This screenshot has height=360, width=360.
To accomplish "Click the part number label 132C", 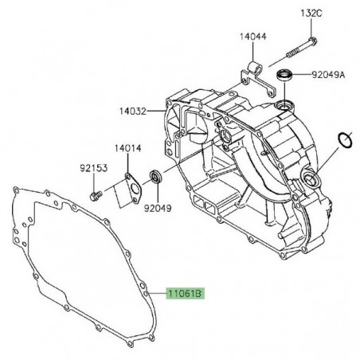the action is (311, 14).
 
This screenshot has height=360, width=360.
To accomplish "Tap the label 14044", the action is (253, 37).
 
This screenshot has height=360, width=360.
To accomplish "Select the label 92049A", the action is (328, 75).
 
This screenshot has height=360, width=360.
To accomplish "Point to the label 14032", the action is (133, 111).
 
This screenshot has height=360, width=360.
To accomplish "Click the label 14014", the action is (128, 148).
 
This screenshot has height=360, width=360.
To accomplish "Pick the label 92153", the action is (94, 168).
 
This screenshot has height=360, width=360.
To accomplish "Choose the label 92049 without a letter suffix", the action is (158, 209).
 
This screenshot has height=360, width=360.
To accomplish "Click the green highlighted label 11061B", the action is (186, 293).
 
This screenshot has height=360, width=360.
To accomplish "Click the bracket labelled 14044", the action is (258, 79).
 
